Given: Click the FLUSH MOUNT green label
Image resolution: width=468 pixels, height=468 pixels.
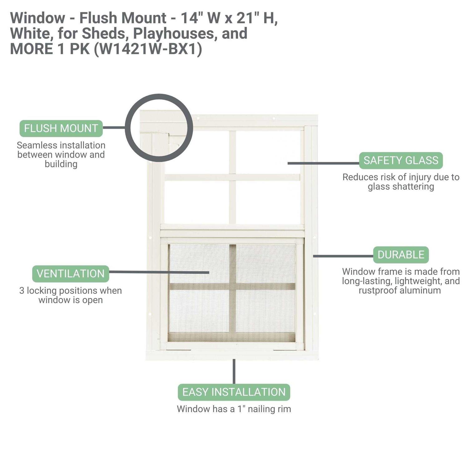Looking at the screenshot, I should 61,128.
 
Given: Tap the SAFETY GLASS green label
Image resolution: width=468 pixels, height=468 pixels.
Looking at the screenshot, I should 401,160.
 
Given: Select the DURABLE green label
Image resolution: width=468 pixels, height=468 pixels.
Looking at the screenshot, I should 401,255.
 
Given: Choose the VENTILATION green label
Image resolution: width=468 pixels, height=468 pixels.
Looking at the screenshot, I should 71,274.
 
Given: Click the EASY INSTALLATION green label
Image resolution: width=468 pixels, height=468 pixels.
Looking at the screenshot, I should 234,392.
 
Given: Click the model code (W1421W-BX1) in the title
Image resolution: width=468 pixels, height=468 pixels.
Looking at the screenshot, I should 148,49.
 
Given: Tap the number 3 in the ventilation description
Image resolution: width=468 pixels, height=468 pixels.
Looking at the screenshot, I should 22,291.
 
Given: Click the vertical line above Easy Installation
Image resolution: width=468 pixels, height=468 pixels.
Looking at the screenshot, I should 234,371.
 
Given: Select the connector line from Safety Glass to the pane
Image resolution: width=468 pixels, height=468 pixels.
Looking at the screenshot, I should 323,163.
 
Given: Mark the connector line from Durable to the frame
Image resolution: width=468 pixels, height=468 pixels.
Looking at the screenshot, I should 343,256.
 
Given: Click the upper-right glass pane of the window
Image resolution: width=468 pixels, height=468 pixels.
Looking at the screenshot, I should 268,151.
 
